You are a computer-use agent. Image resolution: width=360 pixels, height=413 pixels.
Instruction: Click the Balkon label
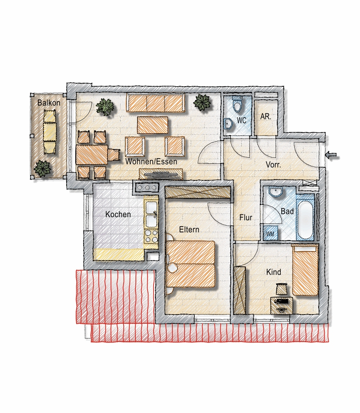(49, 103)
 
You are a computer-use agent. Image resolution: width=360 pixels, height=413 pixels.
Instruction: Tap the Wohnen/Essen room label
(151, 162)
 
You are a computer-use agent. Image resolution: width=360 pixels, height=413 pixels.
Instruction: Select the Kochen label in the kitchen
(118, 214)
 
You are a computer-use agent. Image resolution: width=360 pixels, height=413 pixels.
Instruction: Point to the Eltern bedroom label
(189, 230)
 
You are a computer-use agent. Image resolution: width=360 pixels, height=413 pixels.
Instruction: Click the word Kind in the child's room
(273, 272)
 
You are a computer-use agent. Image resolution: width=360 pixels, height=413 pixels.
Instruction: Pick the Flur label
(246, 217)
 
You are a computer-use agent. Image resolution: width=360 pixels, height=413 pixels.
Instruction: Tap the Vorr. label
(273, 165)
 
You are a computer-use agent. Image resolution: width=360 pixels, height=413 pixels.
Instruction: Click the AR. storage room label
(266, 117)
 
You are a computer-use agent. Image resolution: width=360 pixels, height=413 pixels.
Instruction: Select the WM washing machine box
(270, 233)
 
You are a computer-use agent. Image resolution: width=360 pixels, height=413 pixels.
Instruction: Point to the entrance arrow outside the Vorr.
(332, 156)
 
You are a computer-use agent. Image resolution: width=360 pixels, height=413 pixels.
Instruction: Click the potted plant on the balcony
(42, 168)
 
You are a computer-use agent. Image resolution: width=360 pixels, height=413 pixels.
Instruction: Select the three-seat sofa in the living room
(155, 102)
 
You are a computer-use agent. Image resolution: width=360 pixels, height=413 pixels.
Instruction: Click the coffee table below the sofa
(153, 125)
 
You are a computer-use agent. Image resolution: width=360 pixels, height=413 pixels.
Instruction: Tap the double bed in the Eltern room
(191, 264)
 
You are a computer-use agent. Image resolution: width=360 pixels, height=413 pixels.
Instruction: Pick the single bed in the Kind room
(305, 271)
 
